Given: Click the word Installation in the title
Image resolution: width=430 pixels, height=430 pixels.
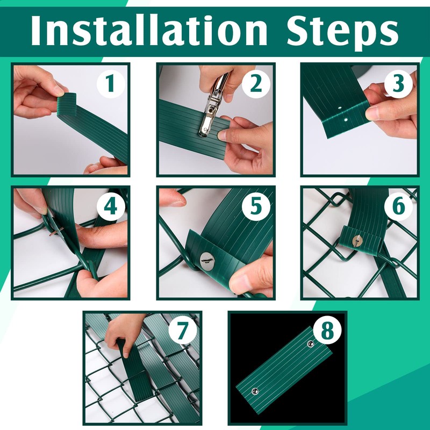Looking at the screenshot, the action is pyautogui.click(x=149, y=30).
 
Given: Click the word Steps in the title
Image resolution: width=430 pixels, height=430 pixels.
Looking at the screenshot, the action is pyautogui.click(x=342, y=33).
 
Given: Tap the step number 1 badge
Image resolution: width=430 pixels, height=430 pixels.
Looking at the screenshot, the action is pyautogui.click(x=111, y=83).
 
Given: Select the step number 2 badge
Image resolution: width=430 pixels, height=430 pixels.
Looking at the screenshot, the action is pyautogui.click(x=256, y=83).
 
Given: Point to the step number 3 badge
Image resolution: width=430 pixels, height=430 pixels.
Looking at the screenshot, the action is pyautogui.click(x=398, y=83).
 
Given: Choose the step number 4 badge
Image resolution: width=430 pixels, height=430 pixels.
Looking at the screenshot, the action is pyautogui.click(x=111, y=206).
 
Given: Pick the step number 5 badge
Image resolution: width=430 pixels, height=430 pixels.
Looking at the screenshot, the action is pyautogui.click(x=256, y=206).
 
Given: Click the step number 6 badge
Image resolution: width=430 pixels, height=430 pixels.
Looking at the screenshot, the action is pyautogui.click(x=398, y=206).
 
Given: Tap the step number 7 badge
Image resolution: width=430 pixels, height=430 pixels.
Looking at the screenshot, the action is pyautogui.click(x=183, y=331).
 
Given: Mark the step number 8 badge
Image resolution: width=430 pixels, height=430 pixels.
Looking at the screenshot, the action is pyautogui.click(x=327, y=331).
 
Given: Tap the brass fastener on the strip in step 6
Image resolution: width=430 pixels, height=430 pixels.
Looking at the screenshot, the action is pyautogui.click(x=357, y=241).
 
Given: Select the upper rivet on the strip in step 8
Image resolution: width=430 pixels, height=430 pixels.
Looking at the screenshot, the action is pyautogui.click(x=311, y=343).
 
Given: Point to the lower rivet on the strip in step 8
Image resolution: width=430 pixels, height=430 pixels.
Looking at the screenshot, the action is pyautogui.click(x=255, y=391).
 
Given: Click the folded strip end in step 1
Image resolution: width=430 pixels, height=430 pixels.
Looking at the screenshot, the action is pyautogui.click(x=67, y=103).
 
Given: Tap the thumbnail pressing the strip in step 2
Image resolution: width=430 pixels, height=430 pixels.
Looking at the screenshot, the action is pyautogui.click(x=223, y=134).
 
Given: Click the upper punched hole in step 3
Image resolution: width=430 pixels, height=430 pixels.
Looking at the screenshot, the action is pyautogui.click(x=340, y=109).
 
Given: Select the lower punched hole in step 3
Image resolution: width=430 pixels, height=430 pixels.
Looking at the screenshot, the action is pyautogui.click(x=346, y=120).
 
